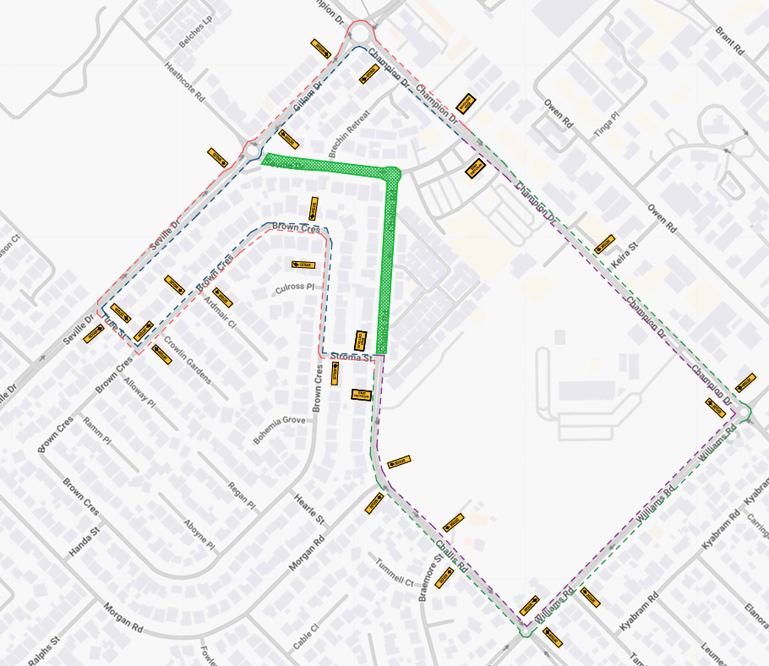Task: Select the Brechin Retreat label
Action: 349,135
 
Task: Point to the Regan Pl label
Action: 242,496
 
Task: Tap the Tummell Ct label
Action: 395,576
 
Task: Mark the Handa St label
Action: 85,541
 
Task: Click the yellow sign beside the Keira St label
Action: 604,244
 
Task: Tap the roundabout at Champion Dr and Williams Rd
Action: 744,413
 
